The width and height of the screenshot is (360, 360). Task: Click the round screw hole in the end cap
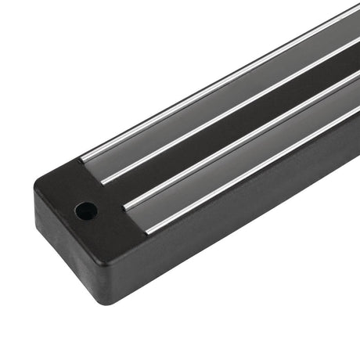[86, 210]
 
